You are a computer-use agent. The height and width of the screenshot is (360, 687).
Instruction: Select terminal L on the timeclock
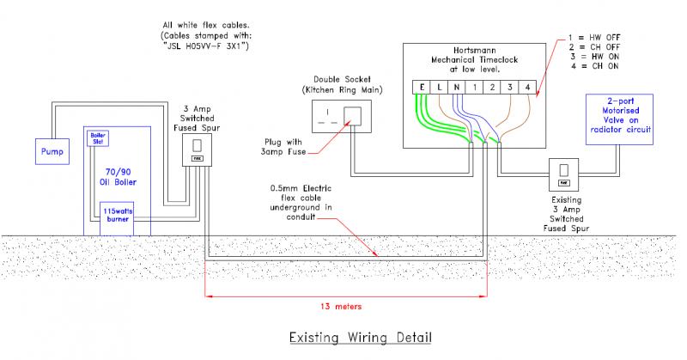click(x=441, y=87)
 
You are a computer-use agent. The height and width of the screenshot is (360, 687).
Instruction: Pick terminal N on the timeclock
click(x=458, y=87)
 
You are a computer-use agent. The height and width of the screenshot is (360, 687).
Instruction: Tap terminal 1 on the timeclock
click(x=475, y=87)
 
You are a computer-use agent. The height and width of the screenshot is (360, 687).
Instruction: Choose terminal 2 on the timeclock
click(x=492, y=87)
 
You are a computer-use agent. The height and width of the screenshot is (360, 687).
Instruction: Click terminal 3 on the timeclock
click(x=509, y=87)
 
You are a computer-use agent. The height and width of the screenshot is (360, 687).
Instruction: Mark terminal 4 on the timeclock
click(x=526, y=87)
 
